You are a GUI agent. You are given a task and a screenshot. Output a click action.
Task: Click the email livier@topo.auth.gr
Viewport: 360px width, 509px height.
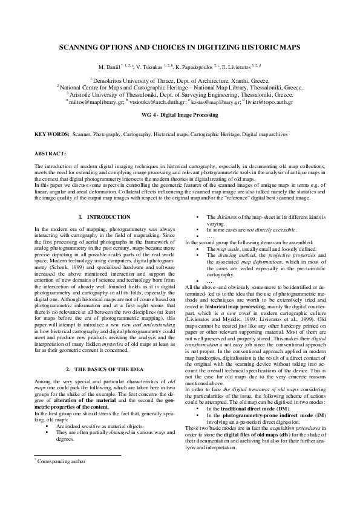click(273, 103)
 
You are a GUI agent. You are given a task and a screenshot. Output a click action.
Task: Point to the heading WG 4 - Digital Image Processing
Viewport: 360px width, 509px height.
click(180, 114)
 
